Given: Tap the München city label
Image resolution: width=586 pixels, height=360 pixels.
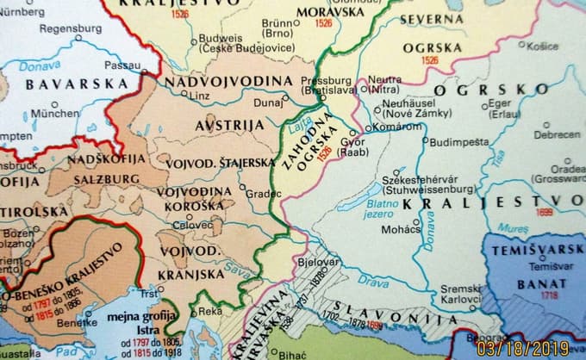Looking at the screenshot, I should [x=55, y=114].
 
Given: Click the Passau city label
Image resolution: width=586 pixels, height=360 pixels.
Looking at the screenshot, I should [x=122, y=65].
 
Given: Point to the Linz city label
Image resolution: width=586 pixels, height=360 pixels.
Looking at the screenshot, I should [x=199, y=96].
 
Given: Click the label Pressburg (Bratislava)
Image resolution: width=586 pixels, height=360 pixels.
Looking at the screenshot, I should [x=327, y=84].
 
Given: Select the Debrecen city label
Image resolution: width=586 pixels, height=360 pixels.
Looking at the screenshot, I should [x=556, y=135].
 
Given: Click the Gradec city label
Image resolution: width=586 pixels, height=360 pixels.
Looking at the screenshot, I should [x=264, y=194].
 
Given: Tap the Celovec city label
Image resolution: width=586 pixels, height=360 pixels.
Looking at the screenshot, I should [x=192, y=225].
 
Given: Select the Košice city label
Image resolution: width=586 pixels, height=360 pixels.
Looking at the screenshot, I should [x=543, y=46].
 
